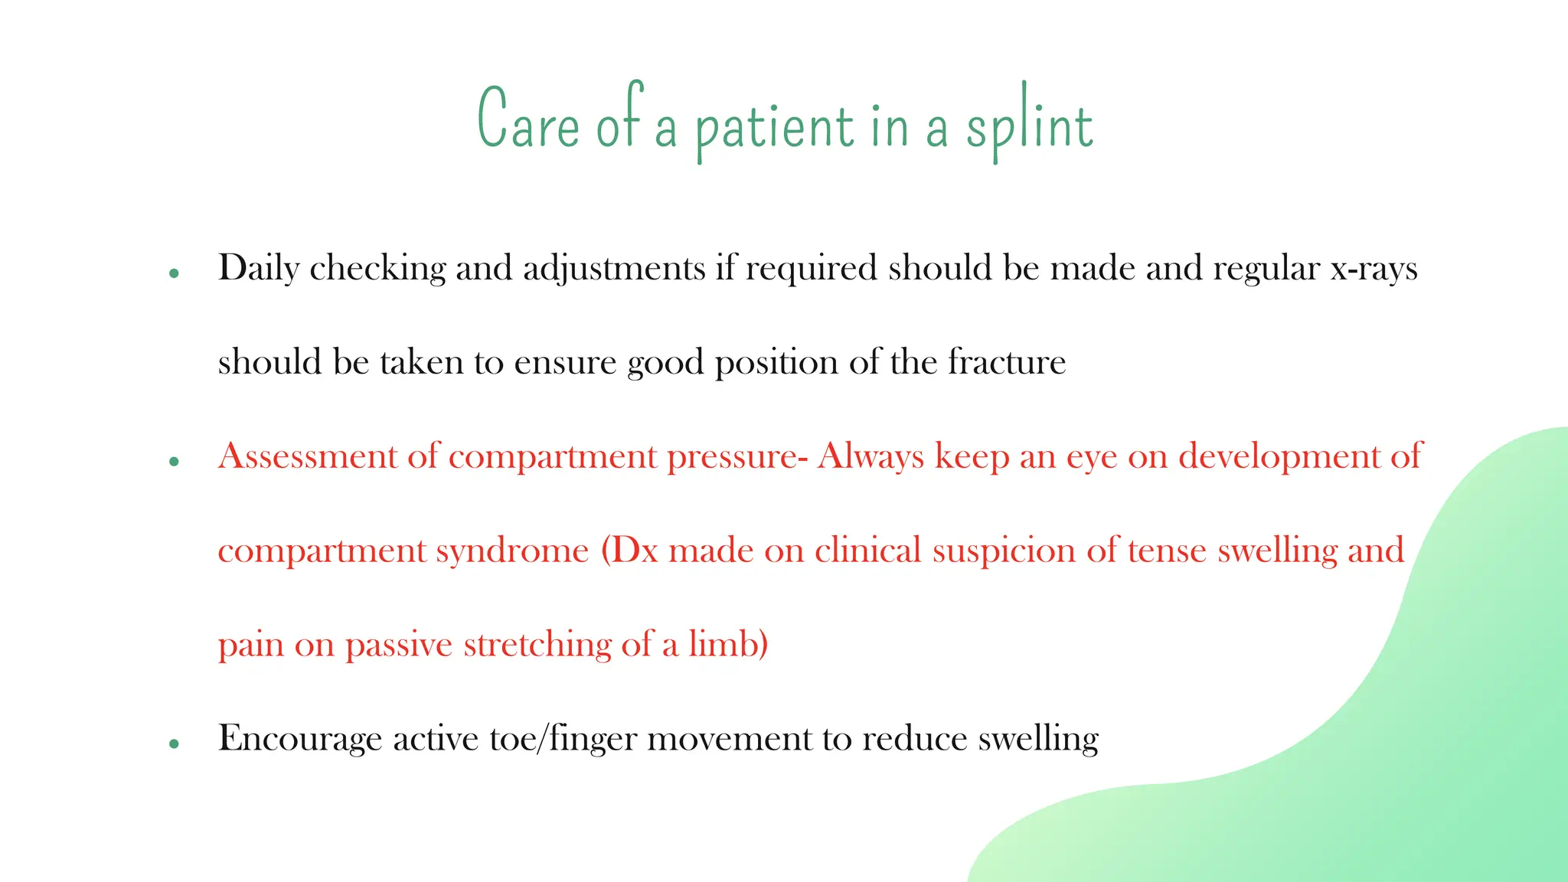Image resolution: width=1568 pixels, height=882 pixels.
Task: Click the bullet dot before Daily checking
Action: coord(175,273)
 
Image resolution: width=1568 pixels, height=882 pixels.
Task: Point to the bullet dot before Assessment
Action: coord(175,462)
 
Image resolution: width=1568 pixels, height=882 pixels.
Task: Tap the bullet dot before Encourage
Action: coord(175,743)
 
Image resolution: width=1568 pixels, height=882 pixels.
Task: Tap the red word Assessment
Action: coord(307,457)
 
